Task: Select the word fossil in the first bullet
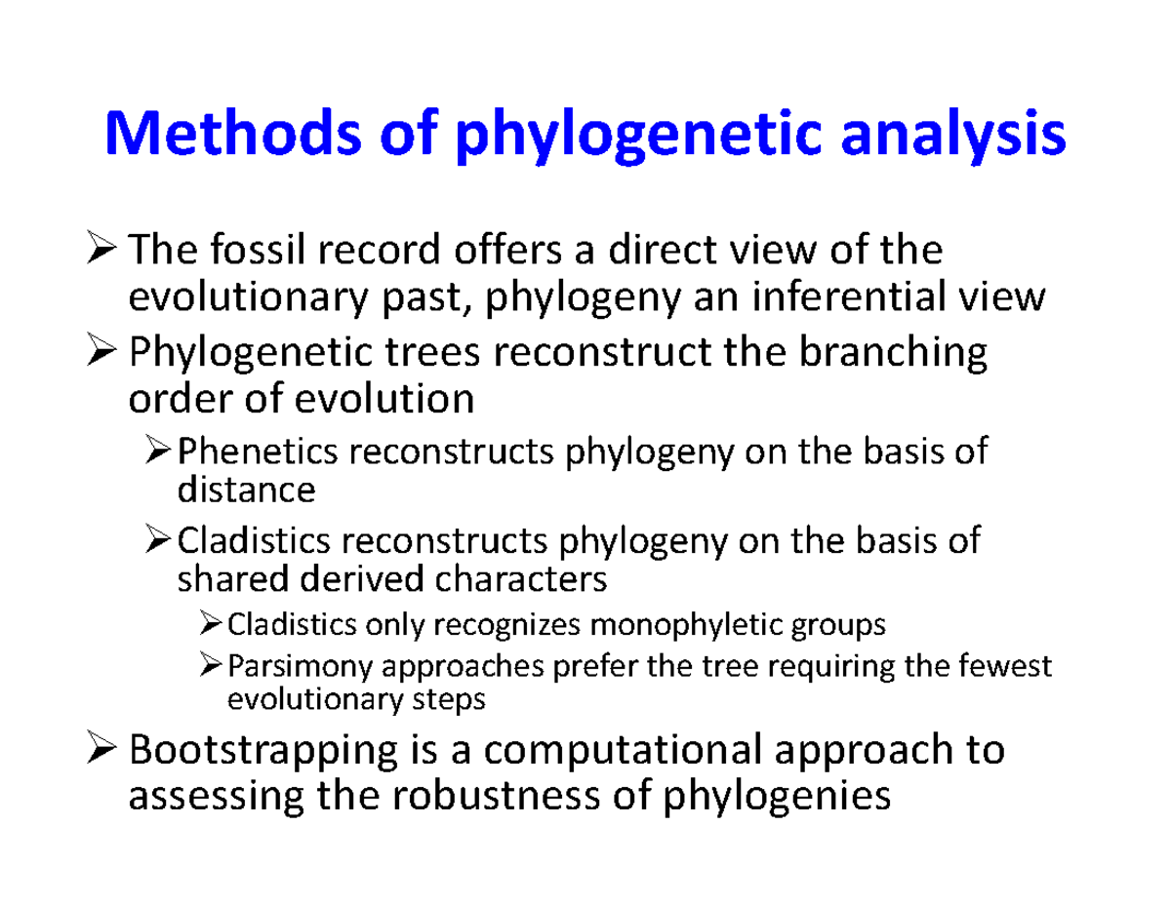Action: pyautogui.click(x=241, y=252)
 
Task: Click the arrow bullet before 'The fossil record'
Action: pyautogui.click(x=104, y=253)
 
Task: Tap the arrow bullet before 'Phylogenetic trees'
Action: pyautogui.click(x=104, y=353)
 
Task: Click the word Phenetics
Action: pyautogui.click(x=257, y=452)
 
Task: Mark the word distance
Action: pyautogui.click(x=246, y=490)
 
